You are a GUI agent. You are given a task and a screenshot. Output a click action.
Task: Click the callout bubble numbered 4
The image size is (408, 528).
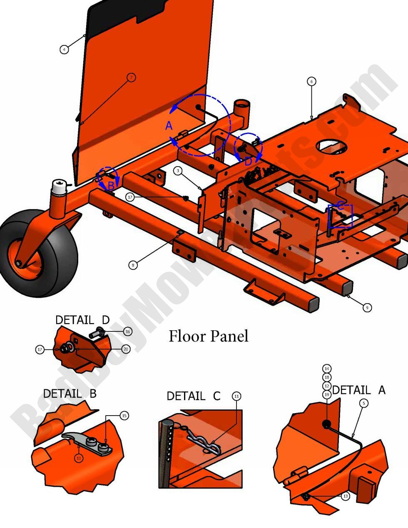click(64, 50)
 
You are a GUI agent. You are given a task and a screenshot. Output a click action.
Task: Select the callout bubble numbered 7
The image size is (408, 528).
click(131, 77)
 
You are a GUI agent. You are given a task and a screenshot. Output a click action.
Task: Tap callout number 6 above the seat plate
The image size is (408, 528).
click(311, 82)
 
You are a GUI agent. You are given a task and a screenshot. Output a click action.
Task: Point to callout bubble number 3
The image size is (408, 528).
click(178, 171)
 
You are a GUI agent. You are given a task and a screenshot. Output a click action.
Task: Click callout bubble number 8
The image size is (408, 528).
click(133, 264)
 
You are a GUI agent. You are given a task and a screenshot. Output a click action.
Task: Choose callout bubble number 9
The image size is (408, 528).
click(367, 308)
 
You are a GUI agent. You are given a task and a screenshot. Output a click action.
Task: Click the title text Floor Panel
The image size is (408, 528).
click(208, 336)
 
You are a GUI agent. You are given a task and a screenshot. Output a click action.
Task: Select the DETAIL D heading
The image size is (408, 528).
click(82, 320)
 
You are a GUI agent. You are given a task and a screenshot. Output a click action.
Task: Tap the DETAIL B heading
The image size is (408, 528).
click(70, 393)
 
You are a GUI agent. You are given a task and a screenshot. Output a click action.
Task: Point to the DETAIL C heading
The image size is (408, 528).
click(193, 396)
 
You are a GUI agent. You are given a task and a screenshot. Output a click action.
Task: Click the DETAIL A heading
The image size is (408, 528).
click(359, 390)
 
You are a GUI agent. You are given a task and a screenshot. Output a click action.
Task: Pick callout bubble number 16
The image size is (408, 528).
click(127, 331)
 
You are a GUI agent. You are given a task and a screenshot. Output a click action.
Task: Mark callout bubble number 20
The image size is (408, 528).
click(126, 349)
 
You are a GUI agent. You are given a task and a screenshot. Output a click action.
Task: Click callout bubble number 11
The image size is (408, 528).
click(236, 396)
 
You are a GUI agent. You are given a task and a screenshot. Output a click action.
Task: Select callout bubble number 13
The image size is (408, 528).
click(345, 496)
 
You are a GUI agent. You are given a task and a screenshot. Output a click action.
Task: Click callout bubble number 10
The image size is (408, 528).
click(79, 458)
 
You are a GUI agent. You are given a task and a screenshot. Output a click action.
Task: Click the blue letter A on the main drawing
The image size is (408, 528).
click(169, 125)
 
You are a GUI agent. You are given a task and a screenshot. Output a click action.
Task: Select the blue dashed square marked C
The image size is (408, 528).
click(340, 216)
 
